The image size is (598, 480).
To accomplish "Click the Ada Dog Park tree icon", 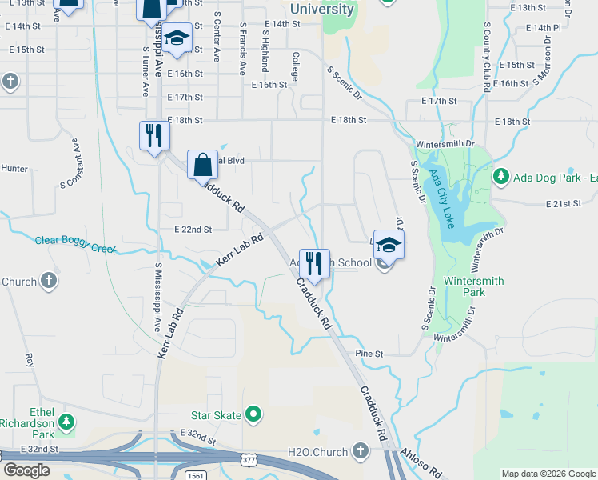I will (501, 176).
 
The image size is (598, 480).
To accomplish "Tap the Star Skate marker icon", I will (254, 414).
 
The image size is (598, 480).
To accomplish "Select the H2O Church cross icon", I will (361, 452).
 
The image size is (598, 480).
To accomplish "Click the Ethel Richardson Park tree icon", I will (68, 421).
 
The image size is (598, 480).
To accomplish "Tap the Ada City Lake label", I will (441, 198).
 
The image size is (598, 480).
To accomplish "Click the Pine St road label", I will (369, 353).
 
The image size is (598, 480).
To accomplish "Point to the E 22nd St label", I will (193, 230).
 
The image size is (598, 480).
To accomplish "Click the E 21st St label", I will (563, 204).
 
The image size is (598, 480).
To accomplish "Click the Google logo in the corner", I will (26, 470).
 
